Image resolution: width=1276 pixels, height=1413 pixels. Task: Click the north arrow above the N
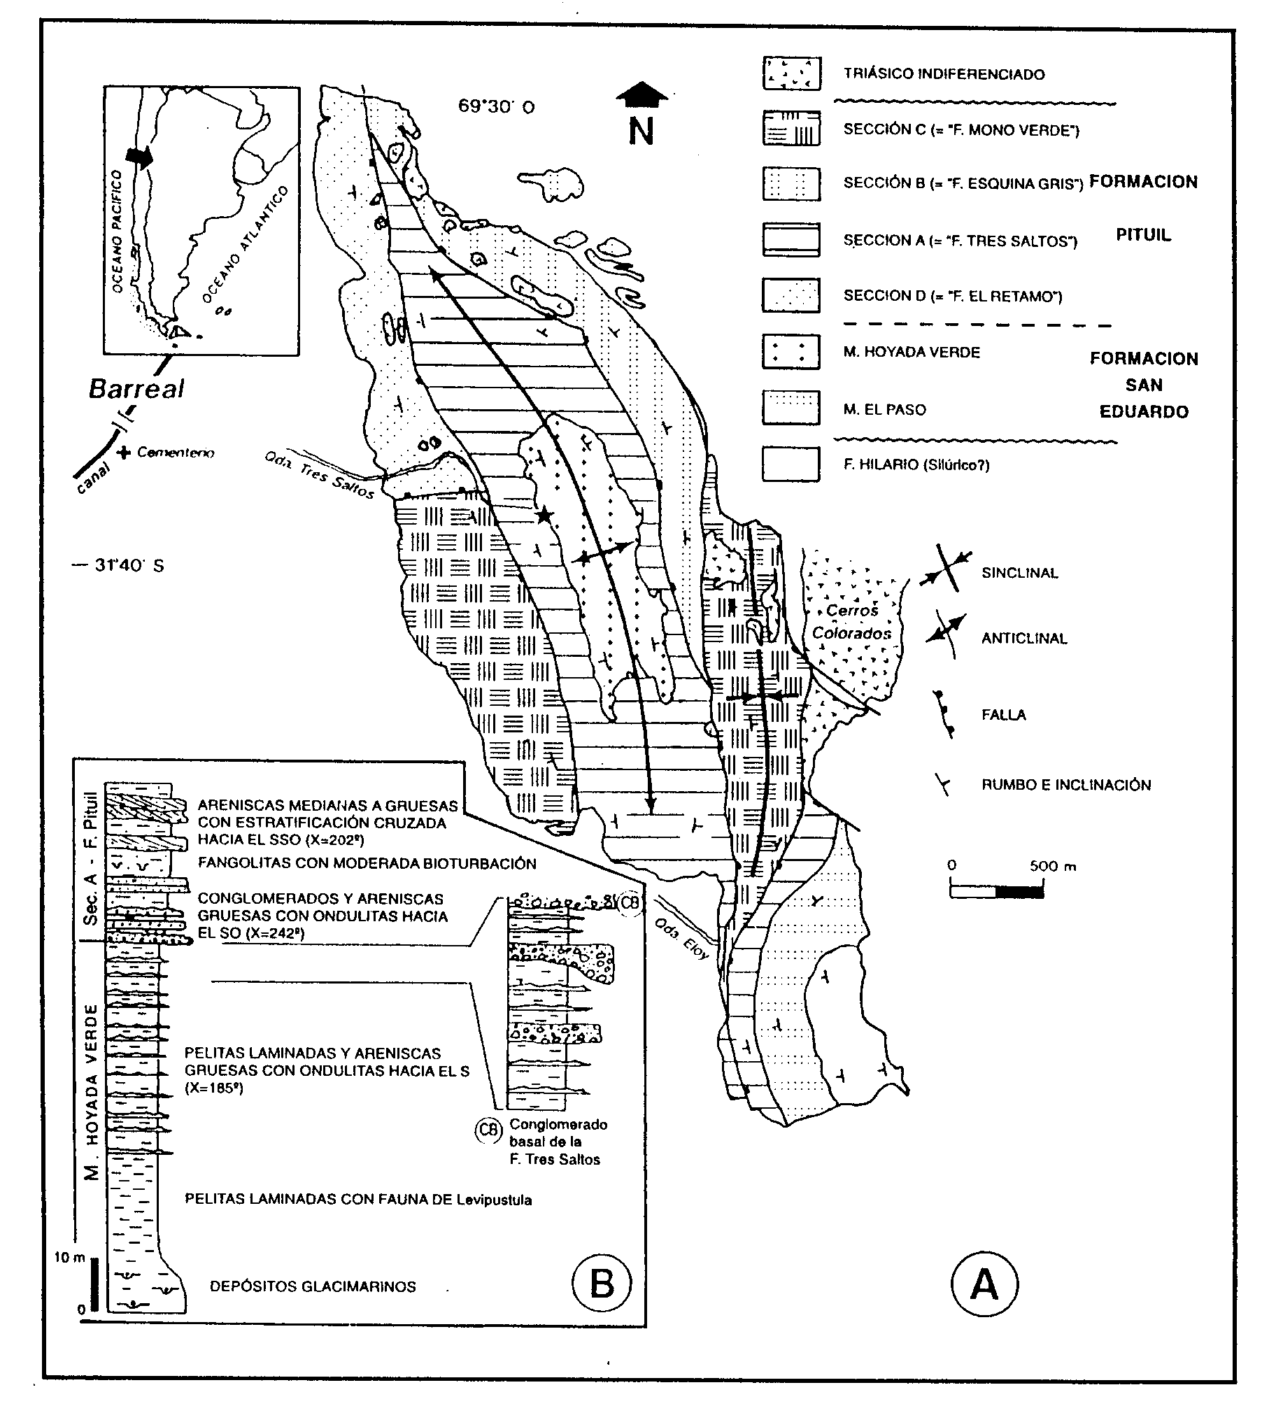641,94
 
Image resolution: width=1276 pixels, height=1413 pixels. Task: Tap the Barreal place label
136,389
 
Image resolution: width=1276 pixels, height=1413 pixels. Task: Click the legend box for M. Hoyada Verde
791,352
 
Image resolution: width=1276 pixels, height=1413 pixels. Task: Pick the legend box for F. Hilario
791,464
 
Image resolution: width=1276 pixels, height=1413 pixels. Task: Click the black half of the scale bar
1019,893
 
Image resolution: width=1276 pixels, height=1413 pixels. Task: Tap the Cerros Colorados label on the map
851,622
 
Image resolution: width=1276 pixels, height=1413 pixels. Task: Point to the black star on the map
544,516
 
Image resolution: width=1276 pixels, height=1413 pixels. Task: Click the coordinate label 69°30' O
497,106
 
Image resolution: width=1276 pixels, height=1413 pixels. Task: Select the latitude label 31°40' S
129,565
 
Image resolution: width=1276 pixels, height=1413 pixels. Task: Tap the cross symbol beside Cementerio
125,452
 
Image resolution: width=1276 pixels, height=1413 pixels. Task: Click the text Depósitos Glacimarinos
313,1286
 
